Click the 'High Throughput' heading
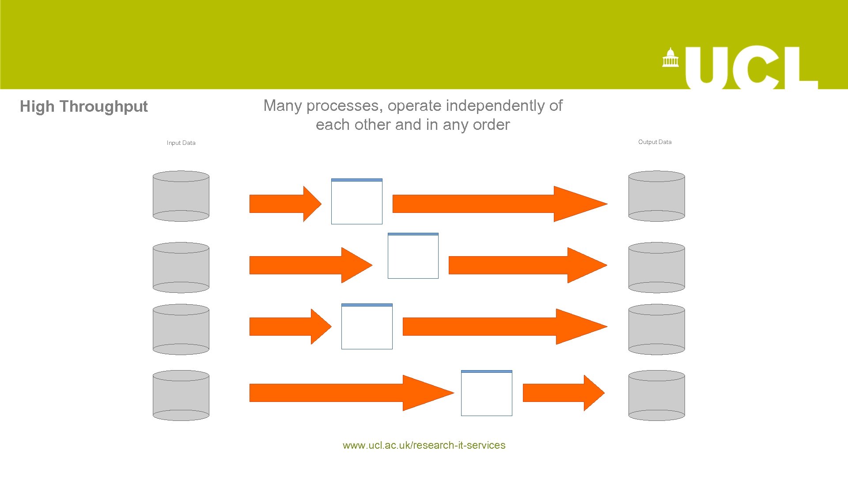(x=83, y=106)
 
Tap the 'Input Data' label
(x=181, y=143)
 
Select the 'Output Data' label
(x=655, y=142)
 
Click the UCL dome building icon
(x=670, y=57)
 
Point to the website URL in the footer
(x=424, y=445)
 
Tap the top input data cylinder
(x=181, y=196)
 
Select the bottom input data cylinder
(x=181, y=395)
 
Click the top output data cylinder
(x=656, y=196)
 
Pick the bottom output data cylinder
(x=656, y=395)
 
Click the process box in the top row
(x=357, y=202)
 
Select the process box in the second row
(x=413, y=256)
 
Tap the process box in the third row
(x=367, y=327)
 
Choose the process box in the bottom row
(x=486, y=394)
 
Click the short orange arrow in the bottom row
(x=561, y=393)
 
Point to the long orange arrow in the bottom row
(x=344, y=393)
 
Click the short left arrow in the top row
(x=283, y=204)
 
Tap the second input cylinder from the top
(x=181, y=267)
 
